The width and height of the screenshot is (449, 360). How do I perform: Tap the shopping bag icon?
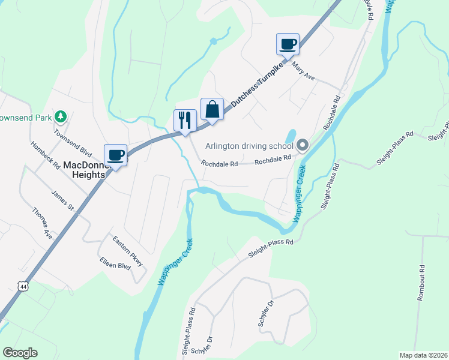coord(212,109)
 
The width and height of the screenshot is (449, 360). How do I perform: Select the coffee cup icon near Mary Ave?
coord(288,43)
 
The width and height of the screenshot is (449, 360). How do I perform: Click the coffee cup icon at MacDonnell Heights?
coord(115,155)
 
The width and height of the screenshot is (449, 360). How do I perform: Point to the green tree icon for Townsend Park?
coord(60,115)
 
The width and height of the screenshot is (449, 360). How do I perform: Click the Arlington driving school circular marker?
coord(302,145)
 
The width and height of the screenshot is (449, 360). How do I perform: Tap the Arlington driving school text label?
coord(249,146)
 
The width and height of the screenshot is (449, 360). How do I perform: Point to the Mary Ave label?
coord(304,73)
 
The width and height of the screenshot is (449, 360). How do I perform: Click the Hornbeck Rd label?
coord(46,155)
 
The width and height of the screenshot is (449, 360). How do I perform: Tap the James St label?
coord(62,200)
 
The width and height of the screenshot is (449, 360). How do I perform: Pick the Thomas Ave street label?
coord(42,223)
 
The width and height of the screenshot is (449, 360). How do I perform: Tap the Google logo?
coord(20,353)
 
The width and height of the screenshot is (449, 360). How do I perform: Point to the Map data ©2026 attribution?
coord(423,355)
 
